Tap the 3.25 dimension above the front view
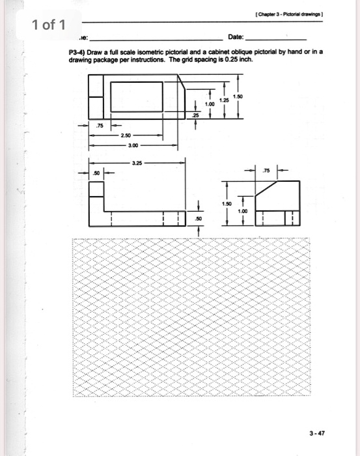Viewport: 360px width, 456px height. click(137, 164)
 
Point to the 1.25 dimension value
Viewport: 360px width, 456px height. click(225, 100)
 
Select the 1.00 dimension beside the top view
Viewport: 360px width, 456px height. click(209, 104)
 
